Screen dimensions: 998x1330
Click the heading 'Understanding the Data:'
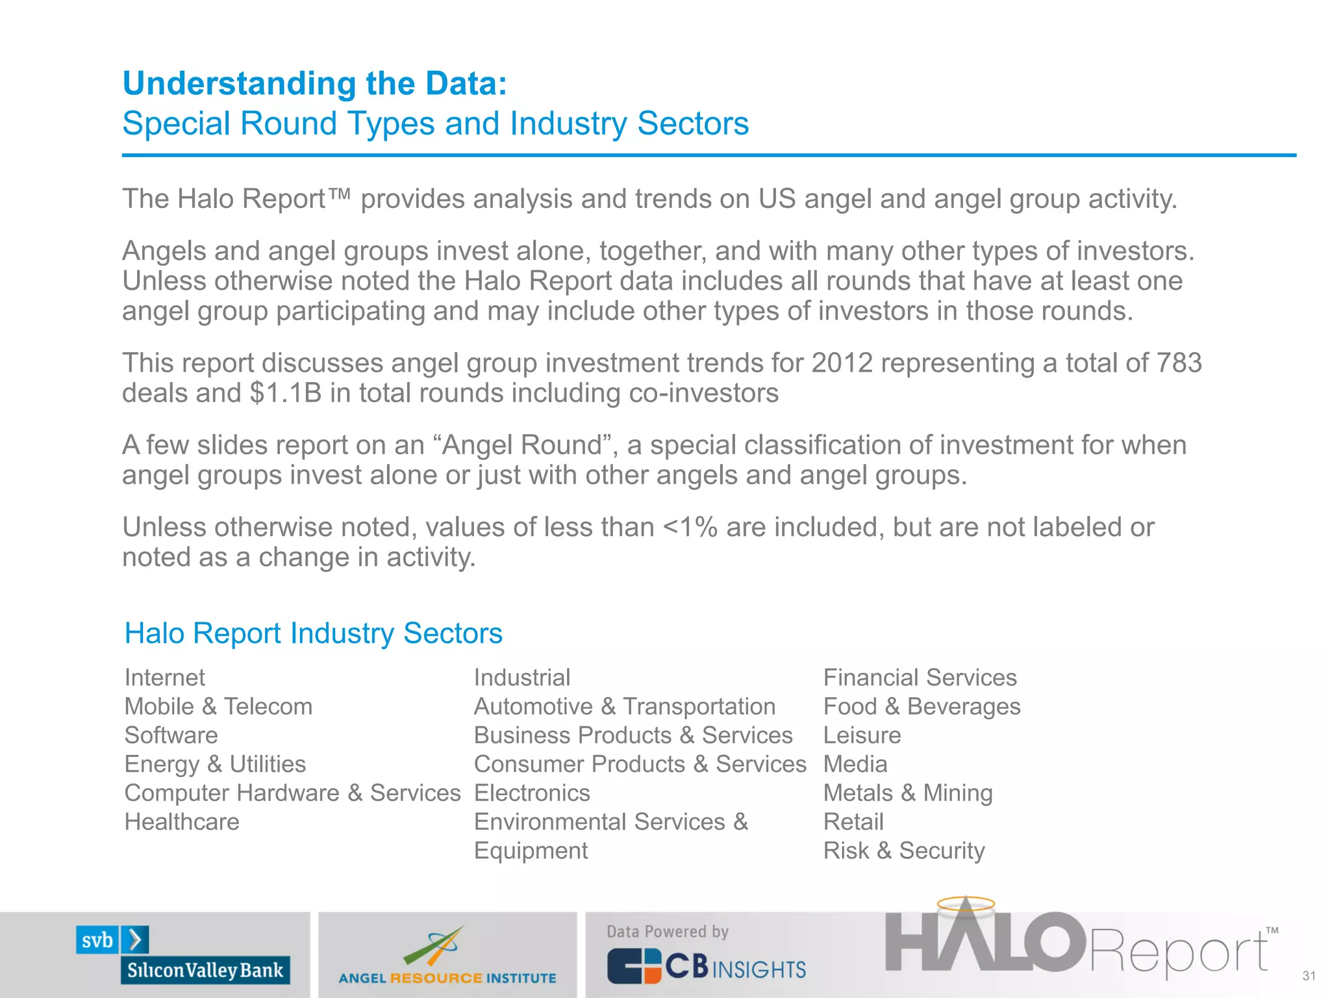pyautogui.click(x=315, y=84)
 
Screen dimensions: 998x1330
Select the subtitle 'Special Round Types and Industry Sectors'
pyautogui.click(x=435, y=123)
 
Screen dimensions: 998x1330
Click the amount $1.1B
pyautogui.click(x=286, y=393)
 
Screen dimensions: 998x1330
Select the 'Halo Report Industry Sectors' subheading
pyautogui.click(x=313, y=633)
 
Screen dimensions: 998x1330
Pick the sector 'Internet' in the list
pyautogui.click(x=164, y=678)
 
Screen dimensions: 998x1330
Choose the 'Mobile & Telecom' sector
pyautogui.click(x=218, y=706)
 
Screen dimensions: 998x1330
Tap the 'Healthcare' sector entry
pyautogui.click(x=182, y=822)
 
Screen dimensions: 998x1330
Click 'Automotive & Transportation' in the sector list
pyautogui.click(x=624, y=706)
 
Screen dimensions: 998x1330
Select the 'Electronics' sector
pyautogui.click(x=532, y=793)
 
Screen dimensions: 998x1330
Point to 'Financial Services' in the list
pyautogui.click(x=920, y=678)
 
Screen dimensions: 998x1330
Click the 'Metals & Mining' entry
pyautogui.click(x=907, y=793)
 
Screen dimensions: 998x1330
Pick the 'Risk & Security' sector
pyautogui.click(x=903, y=851)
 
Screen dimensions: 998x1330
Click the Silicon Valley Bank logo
pyautogui.click(x=184, y=954)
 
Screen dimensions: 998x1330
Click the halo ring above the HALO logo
pyautogui.click(x=966, y=903)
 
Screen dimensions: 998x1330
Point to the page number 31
pyautogui.click(x=1309, y=976)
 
